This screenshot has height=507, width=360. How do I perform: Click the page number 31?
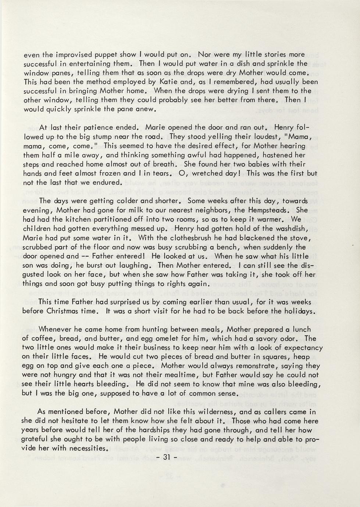pyautogui.click(x=167, y=457)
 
